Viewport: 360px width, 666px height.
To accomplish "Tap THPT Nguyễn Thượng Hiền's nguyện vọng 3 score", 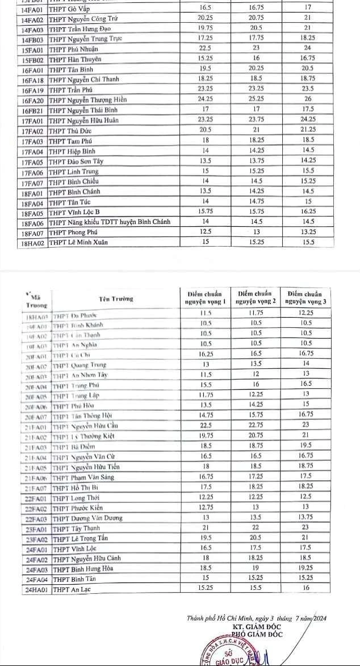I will [x=308, y=99].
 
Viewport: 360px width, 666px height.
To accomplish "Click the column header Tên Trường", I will [x=115, y=299].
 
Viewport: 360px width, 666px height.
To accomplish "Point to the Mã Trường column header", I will [x=35, y=301].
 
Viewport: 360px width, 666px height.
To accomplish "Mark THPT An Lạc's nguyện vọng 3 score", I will [x=307, y=589].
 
